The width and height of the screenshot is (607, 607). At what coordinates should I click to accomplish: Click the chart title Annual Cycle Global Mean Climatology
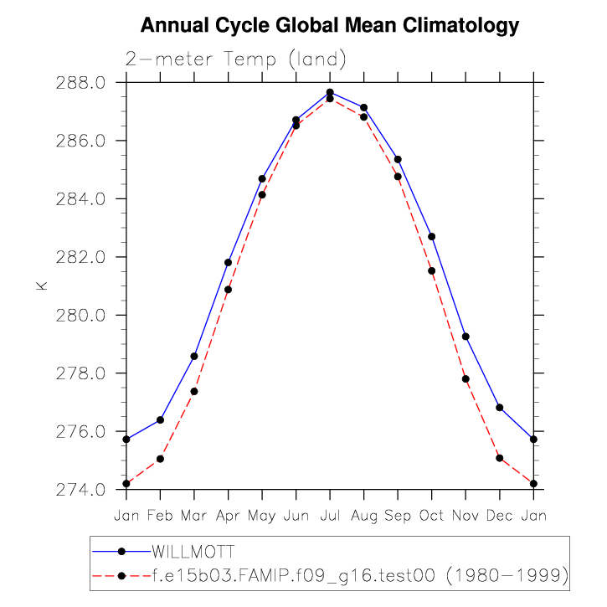pyautogui.click(x=330, y=27)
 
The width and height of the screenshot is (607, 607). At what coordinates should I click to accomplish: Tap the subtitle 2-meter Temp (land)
pyautogui.click(x=235, y=59)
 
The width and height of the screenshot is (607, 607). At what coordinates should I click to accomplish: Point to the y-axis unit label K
pyautogui.click(x=41, y=285)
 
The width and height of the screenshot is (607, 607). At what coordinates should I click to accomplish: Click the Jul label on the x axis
pyautogui.click(x=330, y=516)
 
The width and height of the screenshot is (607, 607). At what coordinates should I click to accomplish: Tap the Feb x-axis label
pyautogui.click(x=160, y=516)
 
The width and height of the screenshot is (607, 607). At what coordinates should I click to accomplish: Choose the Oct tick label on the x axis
pyautogui.click(x=431, y=516)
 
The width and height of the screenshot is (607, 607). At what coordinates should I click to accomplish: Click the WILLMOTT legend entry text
pyautogui.click(x=193, y=552)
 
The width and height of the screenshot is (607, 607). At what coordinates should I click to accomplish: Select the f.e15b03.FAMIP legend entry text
pyautogui.click(x=360, y=576)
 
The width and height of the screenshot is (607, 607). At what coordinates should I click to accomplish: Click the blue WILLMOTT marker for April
pyautogui.click(x=228, y=263)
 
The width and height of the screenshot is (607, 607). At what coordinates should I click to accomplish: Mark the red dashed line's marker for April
pyautogui.click(x=228, y=290)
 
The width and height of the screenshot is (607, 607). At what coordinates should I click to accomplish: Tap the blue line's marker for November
pyautogui.click(x=466, y=337)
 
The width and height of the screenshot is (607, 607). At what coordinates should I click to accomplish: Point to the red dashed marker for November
pyautogui.click(x=466, y=379)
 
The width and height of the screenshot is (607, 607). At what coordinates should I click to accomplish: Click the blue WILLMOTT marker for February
pyautogui.click(x=160, y=419)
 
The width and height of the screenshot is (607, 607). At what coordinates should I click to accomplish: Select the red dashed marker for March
pyautogui.click(x=194, y=391)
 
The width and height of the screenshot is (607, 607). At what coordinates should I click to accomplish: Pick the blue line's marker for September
pyautogui.click(x=398, y=159)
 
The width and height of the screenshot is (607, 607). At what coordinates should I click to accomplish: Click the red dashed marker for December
pyautogui.click(x=500, y=458)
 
